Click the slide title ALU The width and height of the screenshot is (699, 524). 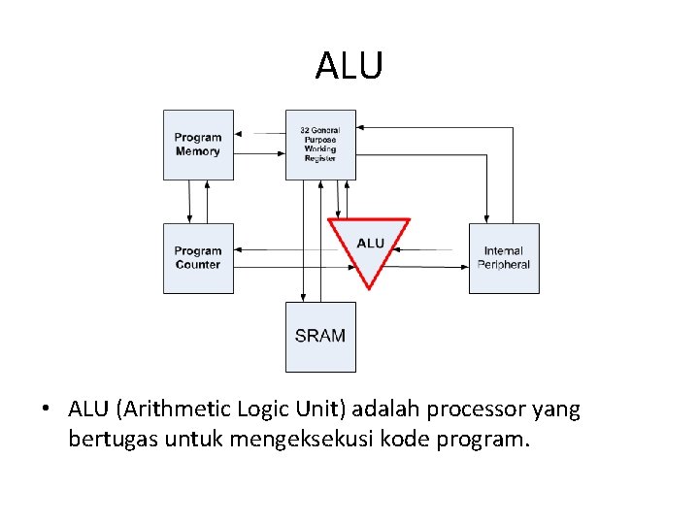point(349,66)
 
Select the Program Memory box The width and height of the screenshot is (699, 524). point(198,145)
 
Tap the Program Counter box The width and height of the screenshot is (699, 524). point(198,258)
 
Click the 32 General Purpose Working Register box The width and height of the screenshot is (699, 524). point(320,145)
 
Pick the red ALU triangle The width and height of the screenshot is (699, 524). point(370,246)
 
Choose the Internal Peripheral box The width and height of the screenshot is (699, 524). point(504,258)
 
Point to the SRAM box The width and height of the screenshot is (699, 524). point(320,337)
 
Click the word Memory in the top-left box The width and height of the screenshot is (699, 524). point(198,152)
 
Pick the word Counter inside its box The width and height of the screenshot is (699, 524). point(198,265)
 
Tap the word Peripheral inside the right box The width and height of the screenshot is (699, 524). point(504,265)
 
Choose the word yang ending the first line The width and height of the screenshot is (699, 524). point(556,410)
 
